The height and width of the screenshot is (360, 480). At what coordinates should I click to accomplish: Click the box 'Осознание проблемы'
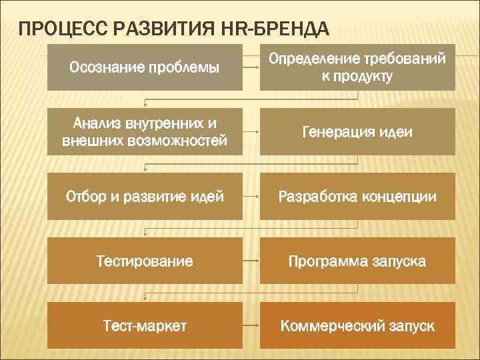145,67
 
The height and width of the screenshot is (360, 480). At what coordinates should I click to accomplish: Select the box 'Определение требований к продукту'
357,67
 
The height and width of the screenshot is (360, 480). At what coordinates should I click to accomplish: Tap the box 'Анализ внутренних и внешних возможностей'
145,132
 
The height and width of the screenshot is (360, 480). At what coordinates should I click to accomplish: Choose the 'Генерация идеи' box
357,132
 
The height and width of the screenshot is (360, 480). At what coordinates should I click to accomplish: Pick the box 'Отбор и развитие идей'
145,197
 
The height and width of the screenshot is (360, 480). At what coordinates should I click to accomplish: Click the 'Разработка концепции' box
357,197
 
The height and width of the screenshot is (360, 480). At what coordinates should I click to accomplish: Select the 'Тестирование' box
145,261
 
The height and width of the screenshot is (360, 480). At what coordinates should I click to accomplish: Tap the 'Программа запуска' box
357,261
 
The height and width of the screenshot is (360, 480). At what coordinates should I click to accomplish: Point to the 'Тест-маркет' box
145,326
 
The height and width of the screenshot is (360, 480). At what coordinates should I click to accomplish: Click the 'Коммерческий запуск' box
357,326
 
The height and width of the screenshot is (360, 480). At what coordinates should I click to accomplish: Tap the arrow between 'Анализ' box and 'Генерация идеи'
251,132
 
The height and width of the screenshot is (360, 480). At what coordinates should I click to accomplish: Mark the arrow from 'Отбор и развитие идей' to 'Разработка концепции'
251,197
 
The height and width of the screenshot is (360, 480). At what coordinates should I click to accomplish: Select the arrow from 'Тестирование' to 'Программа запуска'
251,261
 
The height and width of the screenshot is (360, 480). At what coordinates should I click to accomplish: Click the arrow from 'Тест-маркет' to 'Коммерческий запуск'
251,326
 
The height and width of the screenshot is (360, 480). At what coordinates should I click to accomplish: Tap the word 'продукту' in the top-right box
357,77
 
